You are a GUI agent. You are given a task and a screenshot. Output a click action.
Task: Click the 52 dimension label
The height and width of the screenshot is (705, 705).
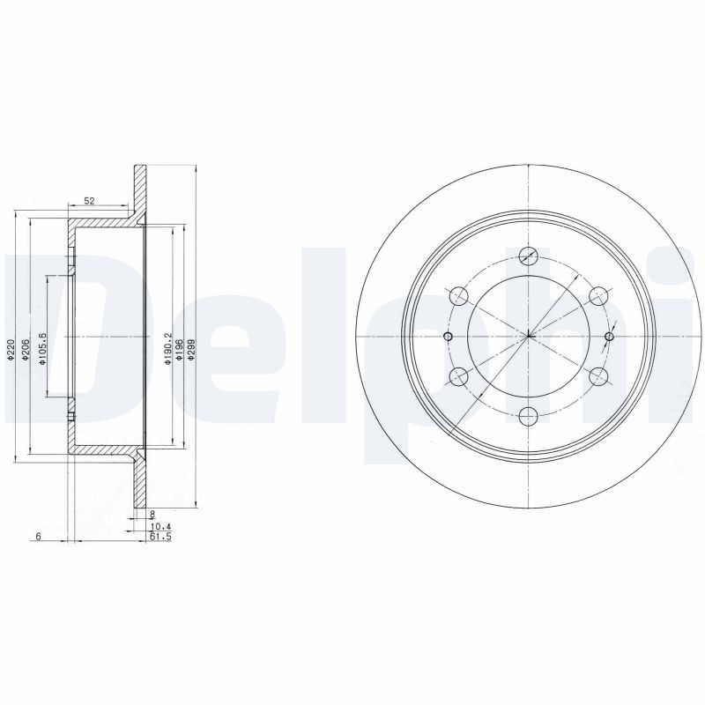coord(89,201)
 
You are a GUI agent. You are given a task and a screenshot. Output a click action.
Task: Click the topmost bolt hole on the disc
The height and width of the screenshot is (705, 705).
coord(529,256)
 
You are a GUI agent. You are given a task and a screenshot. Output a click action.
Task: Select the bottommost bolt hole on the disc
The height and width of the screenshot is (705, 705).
coord(529,417)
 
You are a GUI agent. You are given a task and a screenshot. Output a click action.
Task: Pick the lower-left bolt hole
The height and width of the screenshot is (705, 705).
coord(457,377)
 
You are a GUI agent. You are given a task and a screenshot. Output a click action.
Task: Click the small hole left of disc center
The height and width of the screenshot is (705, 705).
coord(448,337)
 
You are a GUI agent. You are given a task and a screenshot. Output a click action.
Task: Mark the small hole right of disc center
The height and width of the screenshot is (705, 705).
coord(609,337)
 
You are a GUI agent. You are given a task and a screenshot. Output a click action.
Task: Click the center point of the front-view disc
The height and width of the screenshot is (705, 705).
coord(529,337)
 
